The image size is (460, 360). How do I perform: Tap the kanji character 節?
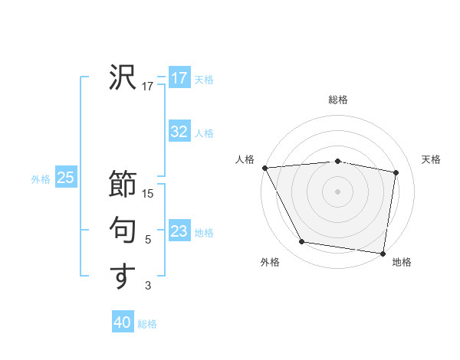click(x=123, y=184)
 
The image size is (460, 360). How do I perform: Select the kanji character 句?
click(x=123, y=230)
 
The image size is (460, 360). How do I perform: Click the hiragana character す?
click(x=123, y=276)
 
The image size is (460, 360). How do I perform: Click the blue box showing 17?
click(x=179, y=77)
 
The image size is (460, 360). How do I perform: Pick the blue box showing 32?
click(x=179, y=132)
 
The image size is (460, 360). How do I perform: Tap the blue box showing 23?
click(x=179, y=231)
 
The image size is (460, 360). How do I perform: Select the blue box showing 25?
click(x=66, y=178)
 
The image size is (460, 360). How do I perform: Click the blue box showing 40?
click(x=123, y=322)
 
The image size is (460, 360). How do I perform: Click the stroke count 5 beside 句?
click(x=148, y=240)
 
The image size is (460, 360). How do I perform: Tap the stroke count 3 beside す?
click(x=148, y=286)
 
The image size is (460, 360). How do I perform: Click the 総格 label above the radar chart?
click(x=338, y=100)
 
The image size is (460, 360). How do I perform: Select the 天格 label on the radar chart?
click(x=432, y=159)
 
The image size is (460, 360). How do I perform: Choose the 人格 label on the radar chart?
click(x=245, y=159)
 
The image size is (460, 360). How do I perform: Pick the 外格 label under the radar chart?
click(x=270, y=262)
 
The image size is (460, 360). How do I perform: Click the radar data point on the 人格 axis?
click(x=264, y=167)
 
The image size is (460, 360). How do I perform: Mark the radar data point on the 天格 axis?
click(x=396, y=172)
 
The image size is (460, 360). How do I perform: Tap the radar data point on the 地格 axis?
click(x=382, y=253)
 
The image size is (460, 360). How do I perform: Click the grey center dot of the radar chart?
click(x=338, y=191)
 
